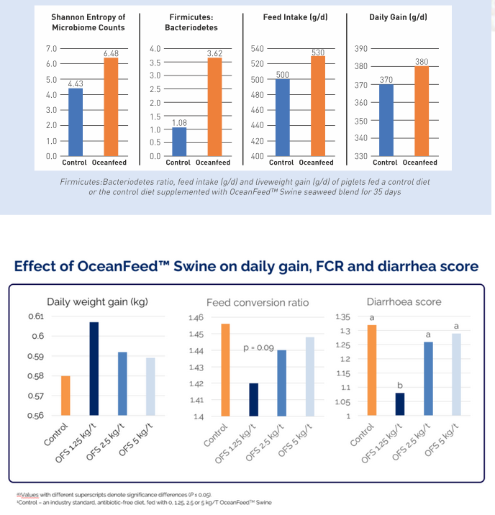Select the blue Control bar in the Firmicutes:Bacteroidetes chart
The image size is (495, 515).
pos(180,142)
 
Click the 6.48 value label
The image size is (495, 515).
pos(110,53)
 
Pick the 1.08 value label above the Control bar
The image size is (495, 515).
pos(180,123)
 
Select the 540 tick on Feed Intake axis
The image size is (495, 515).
pos(257,49)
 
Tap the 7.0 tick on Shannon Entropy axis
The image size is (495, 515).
pos(52,49)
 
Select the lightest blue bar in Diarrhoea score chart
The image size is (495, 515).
pos(456,374)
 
